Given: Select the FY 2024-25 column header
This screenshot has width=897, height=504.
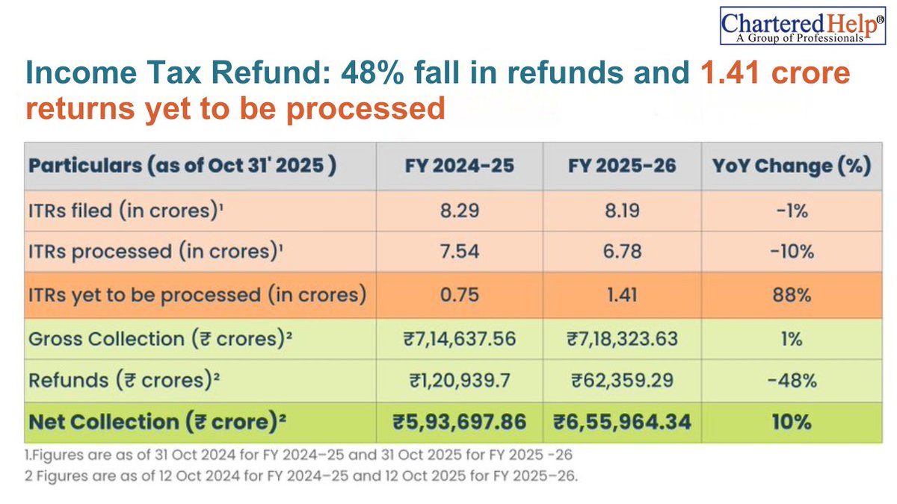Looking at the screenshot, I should (457, 165).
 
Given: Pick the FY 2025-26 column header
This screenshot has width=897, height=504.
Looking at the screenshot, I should (622, 165).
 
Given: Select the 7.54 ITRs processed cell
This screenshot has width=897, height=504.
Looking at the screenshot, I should (457, 252).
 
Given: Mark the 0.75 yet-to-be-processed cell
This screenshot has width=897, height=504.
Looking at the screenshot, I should (457, 295).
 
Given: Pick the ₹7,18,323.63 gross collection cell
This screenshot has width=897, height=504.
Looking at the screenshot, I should (622, 338).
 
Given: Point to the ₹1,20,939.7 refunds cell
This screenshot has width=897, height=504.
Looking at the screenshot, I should (457, 380).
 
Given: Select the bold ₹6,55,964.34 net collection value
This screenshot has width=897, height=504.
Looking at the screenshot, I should (622, 422).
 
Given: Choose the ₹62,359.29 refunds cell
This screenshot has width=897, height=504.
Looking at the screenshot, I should (622, 380).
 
